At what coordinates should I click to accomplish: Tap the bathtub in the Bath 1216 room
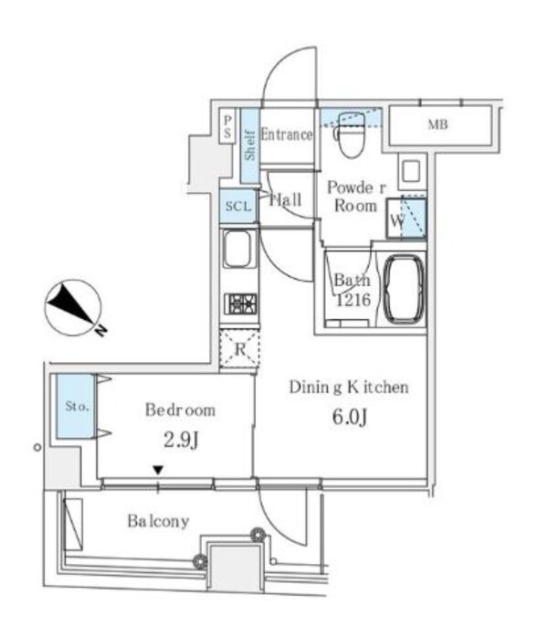tap(403, 289)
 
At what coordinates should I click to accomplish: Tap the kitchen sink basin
tap(237, 250)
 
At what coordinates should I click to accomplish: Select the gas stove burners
tap(239, 303)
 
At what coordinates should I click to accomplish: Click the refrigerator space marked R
tap(239, 347)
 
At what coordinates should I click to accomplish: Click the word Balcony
tap(158, 522)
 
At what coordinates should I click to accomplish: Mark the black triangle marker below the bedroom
tap(158, 471)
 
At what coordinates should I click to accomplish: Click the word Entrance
tap(287, 134)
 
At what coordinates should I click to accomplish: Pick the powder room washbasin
tap(410, 171)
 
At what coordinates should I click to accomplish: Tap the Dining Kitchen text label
tap(348, 388)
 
